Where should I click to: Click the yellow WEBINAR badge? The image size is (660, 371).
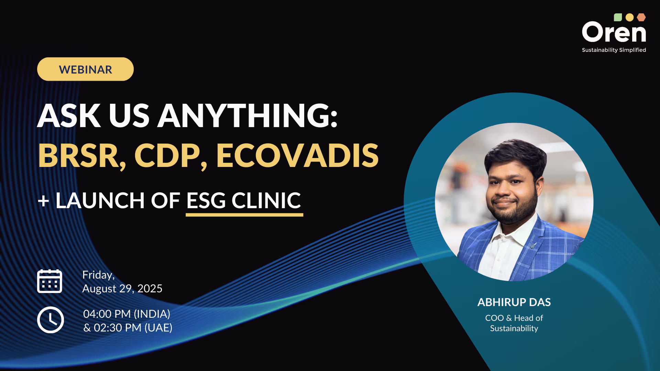point(85,69)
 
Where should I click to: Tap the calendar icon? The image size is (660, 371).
point(49,281)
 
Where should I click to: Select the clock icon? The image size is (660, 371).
point(51,320)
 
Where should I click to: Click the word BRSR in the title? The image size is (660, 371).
point(81,156)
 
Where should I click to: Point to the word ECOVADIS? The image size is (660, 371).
point(297,156)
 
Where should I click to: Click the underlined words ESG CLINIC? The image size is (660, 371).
point(244,201)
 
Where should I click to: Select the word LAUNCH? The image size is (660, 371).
point(100,201)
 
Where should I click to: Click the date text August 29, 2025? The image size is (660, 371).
point(122,289)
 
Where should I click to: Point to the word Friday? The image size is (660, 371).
point(98,275)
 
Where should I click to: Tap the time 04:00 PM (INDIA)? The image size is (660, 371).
point(127,314)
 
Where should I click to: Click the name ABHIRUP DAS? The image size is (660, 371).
point(514,302)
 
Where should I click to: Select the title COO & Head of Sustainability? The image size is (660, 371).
point(514,323)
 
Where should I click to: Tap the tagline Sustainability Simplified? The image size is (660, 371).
point(614,50)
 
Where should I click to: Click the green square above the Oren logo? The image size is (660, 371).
point(618,17)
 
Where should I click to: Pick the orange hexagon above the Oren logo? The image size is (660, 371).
point(641,17)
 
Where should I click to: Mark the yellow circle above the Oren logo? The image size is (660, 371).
point(629,17)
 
